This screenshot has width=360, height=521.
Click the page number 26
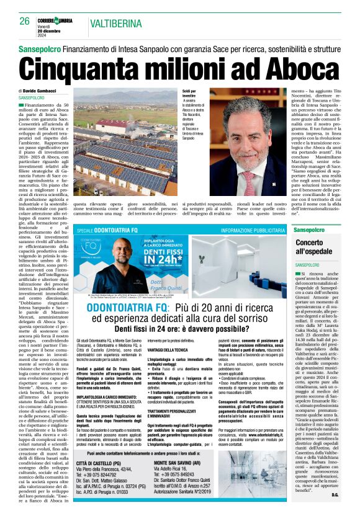(x=24, y=22)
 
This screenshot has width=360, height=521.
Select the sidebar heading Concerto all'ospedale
(x=313, y=247)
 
